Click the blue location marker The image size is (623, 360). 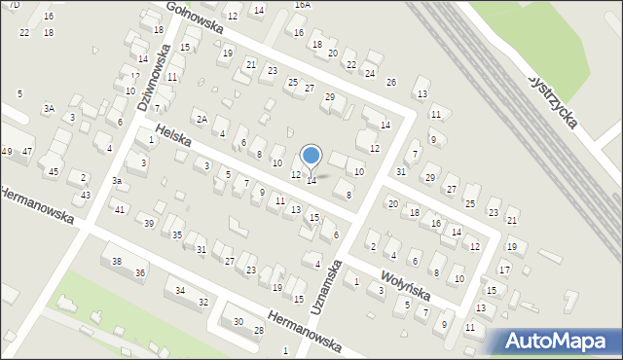click(311, 156)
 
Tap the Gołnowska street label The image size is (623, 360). click(195, 18)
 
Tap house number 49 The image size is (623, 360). click(7, 151)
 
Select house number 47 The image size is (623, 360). click(27, 151)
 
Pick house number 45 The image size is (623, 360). click(54, 172)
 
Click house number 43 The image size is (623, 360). click(86, 196)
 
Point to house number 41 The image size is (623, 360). click(119, 209)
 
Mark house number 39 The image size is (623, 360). click(149, 224)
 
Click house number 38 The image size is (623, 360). click(116, 261)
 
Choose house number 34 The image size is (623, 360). click(180, 290)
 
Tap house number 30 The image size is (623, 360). click(238, 321)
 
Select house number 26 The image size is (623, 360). click(391, 83)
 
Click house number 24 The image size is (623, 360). click(370, 73)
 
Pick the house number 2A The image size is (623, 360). click(202, 119)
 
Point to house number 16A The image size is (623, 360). click(302, 5)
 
